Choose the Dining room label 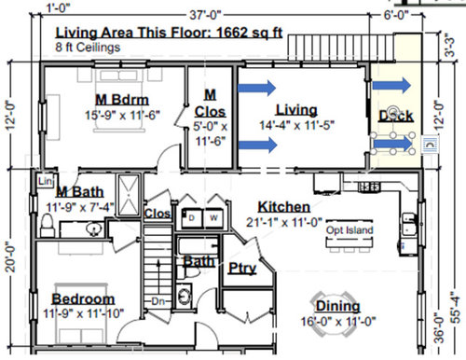pyautogui.click(x=336, y=307)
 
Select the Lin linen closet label pyautogui.click(x=45, y=180)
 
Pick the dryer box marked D pyautogui.click(x=191, y=218)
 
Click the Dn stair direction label pyautogui.click(x=158, y=301)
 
